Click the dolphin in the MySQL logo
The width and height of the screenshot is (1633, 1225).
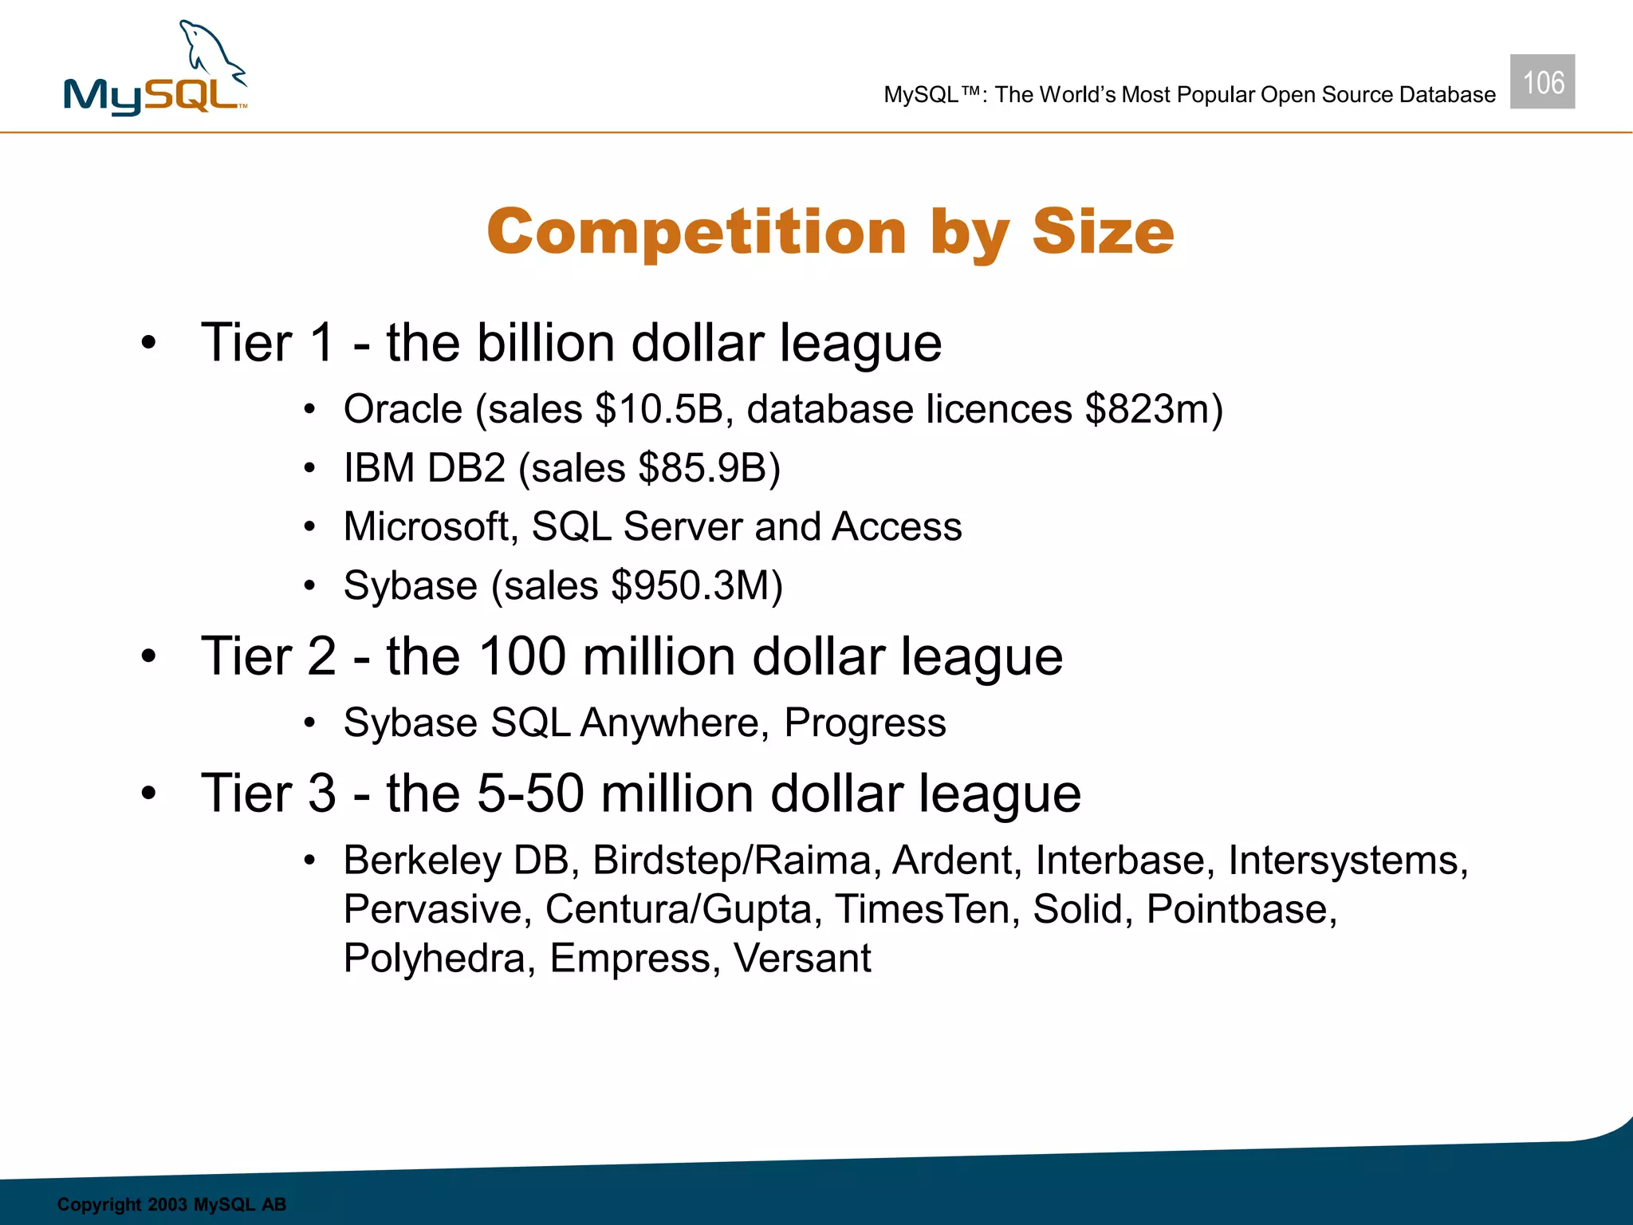[x=209, y=52]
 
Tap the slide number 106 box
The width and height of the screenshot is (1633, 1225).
[x=1542, y=82]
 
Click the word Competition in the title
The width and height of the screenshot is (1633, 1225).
[x=696, y=232]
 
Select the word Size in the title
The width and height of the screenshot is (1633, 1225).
[x=1103, y=232]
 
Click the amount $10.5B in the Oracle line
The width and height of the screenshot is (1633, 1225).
[x=659, y=410]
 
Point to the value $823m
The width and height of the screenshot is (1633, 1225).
[x=1153, y=410]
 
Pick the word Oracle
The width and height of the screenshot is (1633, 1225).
[x=403, y=410]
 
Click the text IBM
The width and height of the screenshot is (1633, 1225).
[x=379, y=468]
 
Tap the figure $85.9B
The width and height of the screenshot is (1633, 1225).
[x=709, y=468]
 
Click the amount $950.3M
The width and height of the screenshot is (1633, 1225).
[x=696, y=586]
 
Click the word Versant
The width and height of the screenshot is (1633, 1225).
[x=801, y=958]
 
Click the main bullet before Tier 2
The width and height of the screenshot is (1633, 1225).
[x=148, y=657]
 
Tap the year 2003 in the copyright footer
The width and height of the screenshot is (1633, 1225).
[x=167, y=1204]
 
